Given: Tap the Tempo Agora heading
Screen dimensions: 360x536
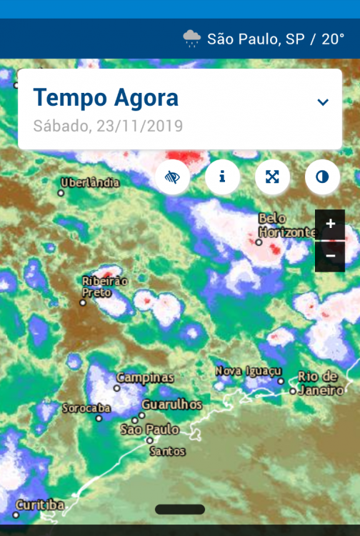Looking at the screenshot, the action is (x=106, y=97).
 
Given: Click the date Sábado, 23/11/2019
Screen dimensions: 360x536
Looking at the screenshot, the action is (x=108, y=126).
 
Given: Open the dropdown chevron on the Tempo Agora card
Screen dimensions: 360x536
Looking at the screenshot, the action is (x=323, y=102).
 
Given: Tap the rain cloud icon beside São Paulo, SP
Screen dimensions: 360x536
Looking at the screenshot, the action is (x=191, y=39).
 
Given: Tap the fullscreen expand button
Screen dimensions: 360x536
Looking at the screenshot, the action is (x=272, y=177).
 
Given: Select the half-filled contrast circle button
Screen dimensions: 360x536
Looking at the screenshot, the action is (x=322, y=177).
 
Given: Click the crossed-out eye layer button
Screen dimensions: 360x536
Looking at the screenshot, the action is (x=172, y=177).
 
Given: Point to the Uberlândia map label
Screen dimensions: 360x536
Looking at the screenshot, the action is (x=90, y=183).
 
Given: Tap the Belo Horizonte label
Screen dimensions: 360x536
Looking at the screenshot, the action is (x=286, y=225).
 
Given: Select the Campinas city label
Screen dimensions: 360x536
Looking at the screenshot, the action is (x=145, y=377).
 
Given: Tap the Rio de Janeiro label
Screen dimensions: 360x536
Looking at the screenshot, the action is (x=319, y=383).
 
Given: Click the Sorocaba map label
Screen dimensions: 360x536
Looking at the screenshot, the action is (x=86, y=408).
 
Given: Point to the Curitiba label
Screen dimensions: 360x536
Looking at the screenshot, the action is (x=40, y=505).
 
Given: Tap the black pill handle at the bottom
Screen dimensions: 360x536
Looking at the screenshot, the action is (x=179, y=510).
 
